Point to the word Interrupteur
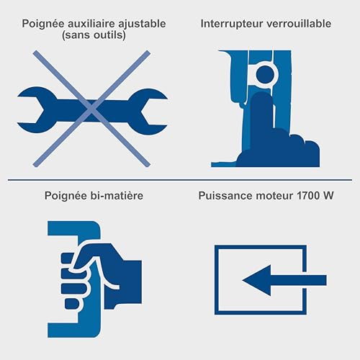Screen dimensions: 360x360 pos(230,24)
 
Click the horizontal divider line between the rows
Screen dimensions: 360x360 pos(180,179)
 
